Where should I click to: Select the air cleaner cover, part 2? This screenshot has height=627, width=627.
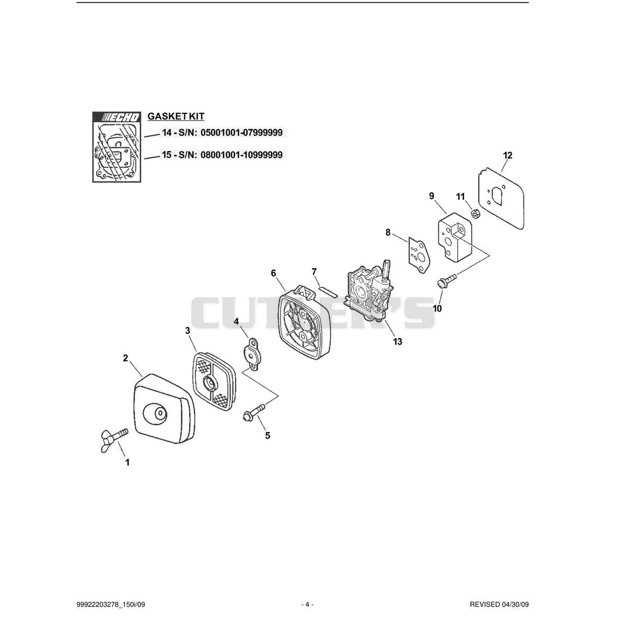(164, 409)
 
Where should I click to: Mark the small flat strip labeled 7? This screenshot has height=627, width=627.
(328, 289)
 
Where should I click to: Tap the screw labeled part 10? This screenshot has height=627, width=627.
(447, 281)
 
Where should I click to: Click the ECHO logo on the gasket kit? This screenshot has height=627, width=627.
(117, 118)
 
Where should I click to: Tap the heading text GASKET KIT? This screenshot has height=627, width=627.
(176, 116)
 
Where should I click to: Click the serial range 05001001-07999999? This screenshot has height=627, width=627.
(242, 133)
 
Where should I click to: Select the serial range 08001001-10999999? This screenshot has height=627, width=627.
(242, 155)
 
